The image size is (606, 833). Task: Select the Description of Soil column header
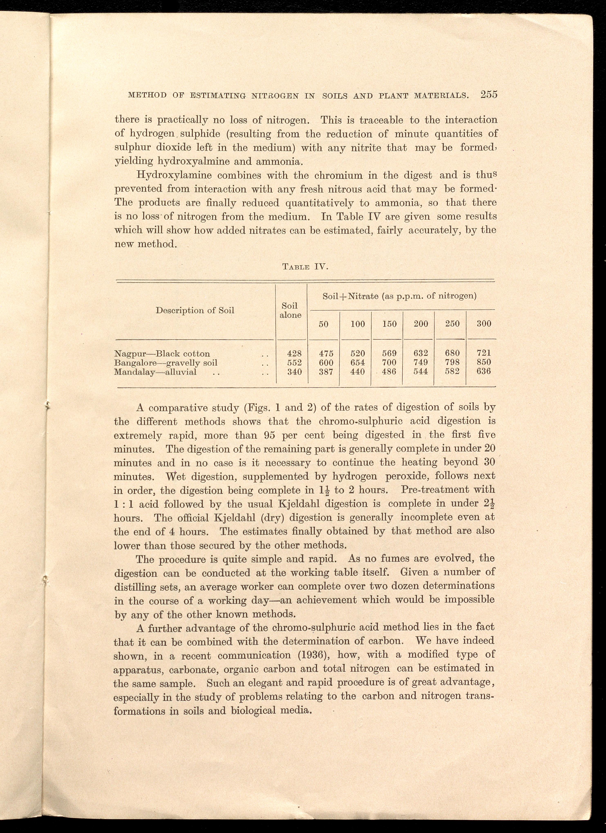click(x=195, y=310)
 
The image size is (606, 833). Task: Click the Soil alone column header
click(x=290, y=310)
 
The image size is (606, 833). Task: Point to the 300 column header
click(x=484, y=324)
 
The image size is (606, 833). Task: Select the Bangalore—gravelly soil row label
click(x=166, y=363)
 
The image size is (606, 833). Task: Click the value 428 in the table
click(x=294, y=353)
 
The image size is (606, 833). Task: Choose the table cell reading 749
click(x=420, y=362)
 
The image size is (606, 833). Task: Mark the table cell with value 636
click(x=484, y=371)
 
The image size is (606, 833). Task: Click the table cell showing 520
click(x=358, y=353)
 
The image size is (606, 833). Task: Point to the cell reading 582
click(x=452, y=371)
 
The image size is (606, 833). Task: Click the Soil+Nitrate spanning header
click(x=399, y=296)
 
